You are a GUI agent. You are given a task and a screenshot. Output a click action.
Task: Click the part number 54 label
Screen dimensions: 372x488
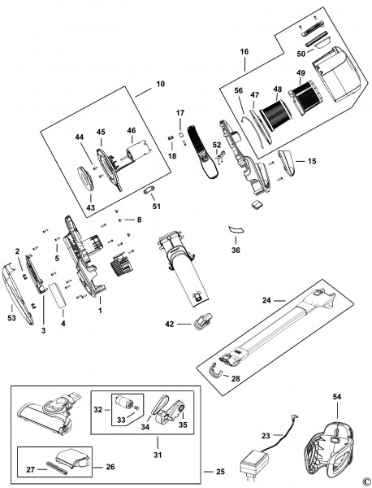point(336,397)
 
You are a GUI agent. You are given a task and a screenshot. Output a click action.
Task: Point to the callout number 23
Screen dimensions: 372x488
point(266,436)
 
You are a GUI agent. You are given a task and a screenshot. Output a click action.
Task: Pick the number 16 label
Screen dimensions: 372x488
point(244,52)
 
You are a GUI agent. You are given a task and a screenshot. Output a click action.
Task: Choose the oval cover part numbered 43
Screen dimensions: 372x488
point(86,179)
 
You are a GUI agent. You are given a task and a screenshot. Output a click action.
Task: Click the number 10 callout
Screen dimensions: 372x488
point(161,84)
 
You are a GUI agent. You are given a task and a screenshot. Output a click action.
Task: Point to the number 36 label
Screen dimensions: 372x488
point(236,250)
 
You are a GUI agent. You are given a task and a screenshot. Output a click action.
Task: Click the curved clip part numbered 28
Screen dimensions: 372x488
point(216,370)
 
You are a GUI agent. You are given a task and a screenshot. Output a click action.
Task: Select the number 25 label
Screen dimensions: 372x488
point(220,472)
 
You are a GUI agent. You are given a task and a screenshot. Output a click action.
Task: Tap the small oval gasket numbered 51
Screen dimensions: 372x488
point(149,190)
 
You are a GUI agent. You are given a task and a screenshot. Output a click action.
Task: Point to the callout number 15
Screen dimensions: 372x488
point(312,161)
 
